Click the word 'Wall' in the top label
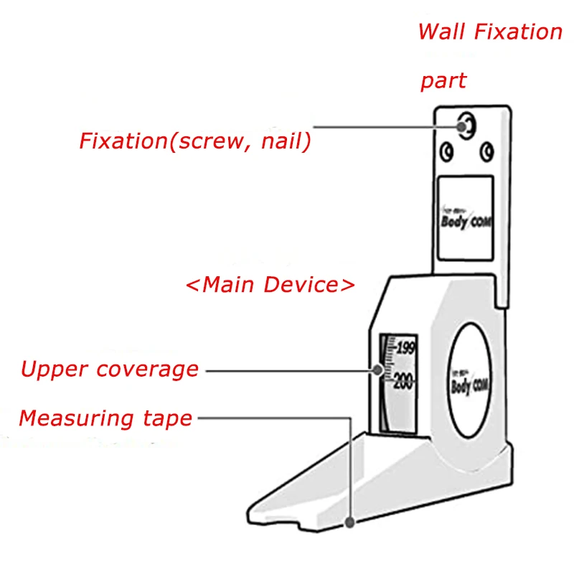(x=437, y=32)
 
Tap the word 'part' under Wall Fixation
(x=443, y=80)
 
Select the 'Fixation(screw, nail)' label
(x=195, y=141)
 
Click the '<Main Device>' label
(x=270, y=284)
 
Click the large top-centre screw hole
(x=466, y=126)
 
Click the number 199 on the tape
(x=405, y=349)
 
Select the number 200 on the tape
(x=403, y=381)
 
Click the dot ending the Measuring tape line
(x=349, y=523)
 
